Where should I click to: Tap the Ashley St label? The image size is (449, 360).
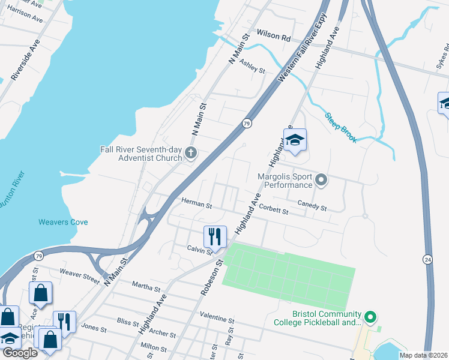(252, 66)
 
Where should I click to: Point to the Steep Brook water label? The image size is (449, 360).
(341, 127)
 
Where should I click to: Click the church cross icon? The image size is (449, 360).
(191, 153)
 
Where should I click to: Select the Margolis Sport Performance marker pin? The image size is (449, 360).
(322, 180)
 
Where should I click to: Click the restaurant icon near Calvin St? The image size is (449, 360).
(215, 236)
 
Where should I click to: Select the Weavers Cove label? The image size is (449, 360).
(63, 222)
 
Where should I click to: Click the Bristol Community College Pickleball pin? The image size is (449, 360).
(371, 316)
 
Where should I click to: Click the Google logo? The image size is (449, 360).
(20, 353)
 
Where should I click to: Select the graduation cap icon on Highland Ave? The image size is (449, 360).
(295, 141)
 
